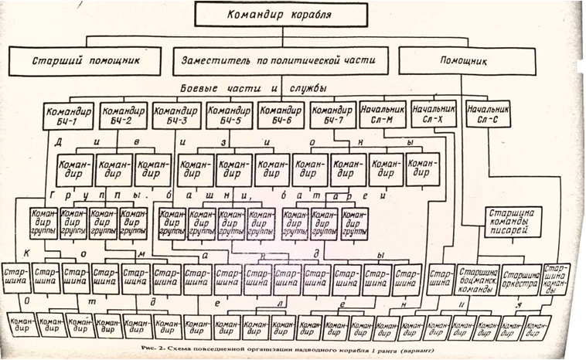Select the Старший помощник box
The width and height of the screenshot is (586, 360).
85,60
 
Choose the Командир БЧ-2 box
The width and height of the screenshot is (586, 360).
120,116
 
